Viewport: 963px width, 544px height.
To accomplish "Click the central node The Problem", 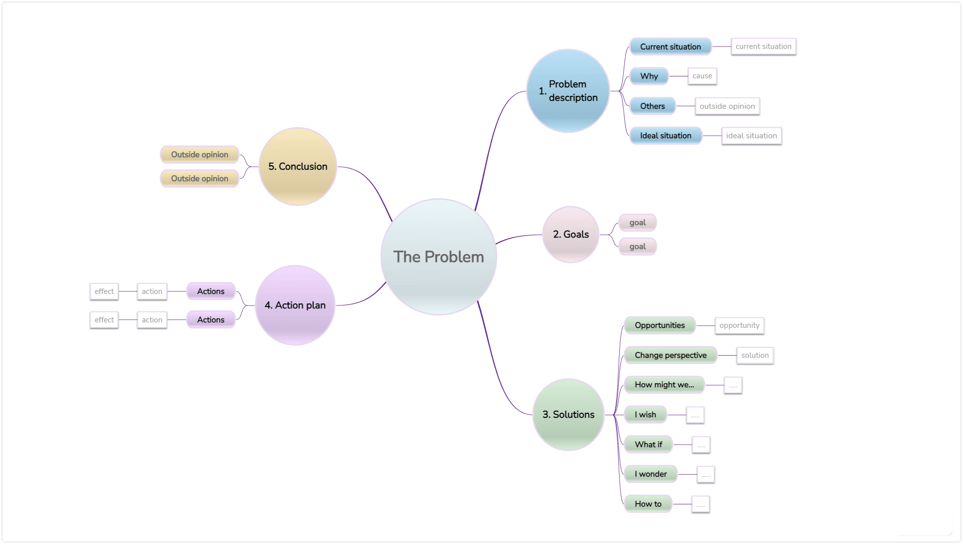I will [438, 257].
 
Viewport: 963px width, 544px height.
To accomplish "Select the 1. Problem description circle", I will [568, 91].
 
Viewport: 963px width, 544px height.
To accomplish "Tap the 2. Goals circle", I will [570, 234].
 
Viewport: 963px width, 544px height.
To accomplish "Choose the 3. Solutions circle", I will [568, 414].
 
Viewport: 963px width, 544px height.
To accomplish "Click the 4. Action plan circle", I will [295, 305].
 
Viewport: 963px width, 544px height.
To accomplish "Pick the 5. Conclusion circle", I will [297, 166].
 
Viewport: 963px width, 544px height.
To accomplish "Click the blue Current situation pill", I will [670, 46].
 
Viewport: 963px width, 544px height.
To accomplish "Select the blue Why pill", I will [649, 76].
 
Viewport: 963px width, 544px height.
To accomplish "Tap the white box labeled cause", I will [702, 76].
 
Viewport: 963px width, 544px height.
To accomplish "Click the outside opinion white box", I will [727, 106].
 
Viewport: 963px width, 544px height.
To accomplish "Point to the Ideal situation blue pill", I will [666, 135].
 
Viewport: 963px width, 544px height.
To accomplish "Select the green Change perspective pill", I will [670, 355].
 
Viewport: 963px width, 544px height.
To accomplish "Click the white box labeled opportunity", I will [739, 325].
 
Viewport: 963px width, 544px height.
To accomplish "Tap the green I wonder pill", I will [650, 474].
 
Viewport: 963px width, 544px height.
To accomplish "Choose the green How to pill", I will [648, 504].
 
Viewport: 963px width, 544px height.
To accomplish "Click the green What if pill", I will [648, 444].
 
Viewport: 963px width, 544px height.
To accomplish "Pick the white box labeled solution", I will [754, 355].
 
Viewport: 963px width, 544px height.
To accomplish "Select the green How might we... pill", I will [664, 385].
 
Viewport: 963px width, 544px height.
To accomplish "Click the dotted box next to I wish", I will [695, 415].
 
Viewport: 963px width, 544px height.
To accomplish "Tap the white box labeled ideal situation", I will [751, 135].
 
